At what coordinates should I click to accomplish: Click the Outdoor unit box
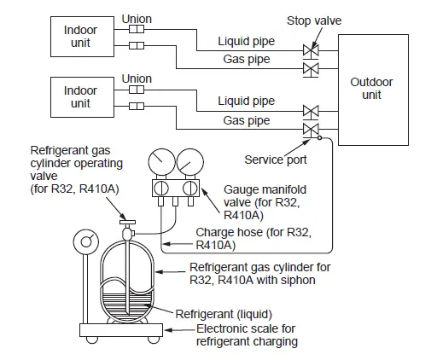371,89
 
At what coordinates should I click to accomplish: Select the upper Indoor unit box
81,38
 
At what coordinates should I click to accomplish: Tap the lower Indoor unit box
81,97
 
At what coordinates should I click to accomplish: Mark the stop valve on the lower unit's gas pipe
310,129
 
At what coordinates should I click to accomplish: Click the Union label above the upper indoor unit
137,19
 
